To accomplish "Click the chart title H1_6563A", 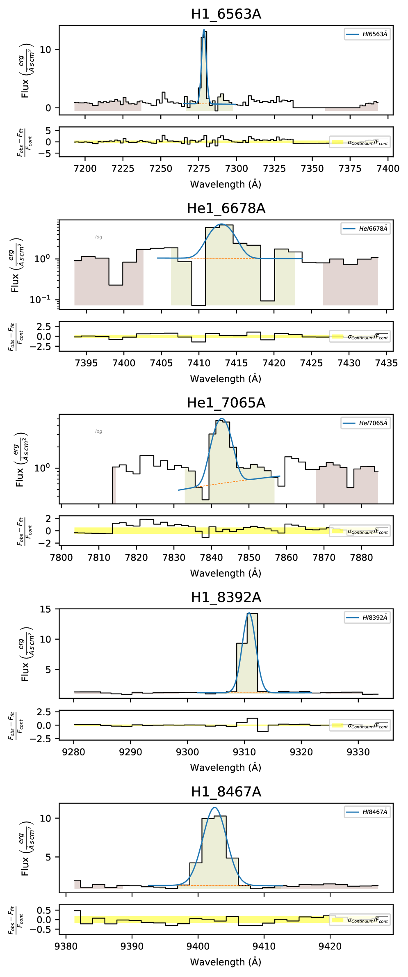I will [x=226, y=14].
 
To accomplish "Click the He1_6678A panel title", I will [x=226, y=208].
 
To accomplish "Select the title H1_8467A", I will [x=226, y=792].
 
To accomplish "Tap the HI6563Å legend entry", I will [x=367, y=34].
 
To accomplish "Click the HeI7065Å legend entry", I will [x=365, y=423].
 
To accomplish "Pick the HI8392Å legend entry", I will [x=367, y=618].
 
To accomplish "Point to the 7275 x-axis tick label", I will [x=198, y=169].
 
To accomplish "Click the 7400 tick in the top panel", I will [x=387, y=169].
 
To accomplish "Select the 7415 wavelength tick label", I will [x=236, y=363].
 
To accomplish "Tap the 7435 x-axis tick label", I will [x=386, y=363].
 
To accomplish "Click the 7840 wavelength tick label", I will [x=211, y=558].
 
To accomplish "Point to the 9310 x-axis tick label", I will [x=244, y=752].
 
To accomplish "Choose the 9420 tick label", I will [x=330, y=947].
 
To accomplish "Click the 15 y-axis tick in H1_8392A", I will [x=46, y=609].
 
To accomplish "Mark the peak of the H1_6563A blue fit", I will [x=204, y=30].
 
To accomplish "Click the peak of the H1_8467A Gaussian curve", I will [x=214, y=808].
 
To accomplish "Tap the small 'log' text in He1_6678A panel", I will [x=99, y=237].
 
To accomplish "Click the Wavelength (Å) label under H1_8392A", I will [x=226, y=767].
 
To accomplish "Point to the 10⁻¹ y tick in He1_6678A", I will [x=40, y=300].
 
